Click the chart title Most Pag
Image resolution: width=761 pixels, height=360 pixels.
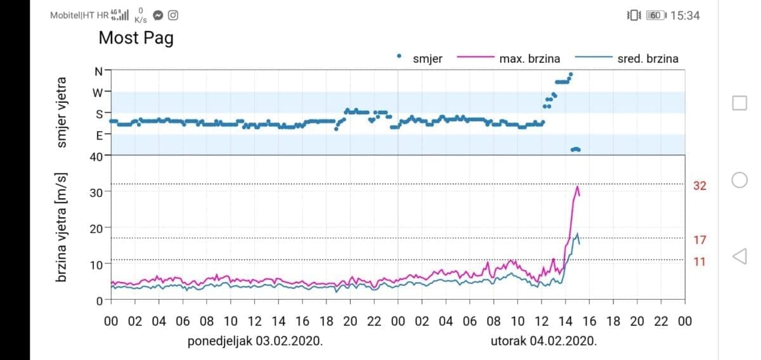point(136,38)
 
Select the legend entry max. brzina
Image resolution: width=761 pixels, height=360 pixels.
point(530,59)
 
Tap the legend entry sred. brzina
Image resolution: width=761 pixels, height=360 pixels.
point(647,59)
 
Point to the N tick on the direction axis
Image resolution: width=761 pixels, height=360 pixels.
point(98,71)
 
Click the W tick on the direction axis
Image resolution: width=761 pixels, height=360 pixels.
point(98,93)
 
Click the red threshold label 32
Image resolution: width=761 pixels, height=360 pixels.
point(699,186)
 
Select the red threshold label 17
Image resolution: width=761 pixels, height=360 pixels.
point(699,240)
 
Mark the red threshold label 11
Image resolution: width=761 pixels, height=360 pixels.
point(699,261)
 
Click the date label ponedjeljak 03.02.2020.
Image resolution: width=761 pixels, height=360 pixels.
point(255,341)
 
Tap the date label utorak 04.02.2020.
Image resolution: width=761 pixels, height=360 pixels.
point(543,341)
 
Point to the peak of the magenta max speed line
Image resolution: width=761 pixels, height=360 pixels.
point(577,186)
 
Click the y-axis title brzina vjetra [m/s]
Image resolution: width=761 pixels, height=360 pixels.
point(62,228)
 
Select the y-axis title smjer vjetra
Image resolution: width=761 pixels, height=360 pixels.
point(62,113)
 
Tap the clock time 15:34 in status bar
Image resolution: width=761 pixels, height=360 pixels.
point(685,16)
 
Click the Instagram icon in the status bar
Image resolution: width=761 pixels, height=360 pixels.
point(172,15)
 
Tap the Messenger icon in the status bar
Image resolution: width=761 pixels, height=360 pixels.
point(158,15)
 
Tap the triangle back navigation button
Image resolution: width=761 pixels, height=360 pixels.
point(739,256)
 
